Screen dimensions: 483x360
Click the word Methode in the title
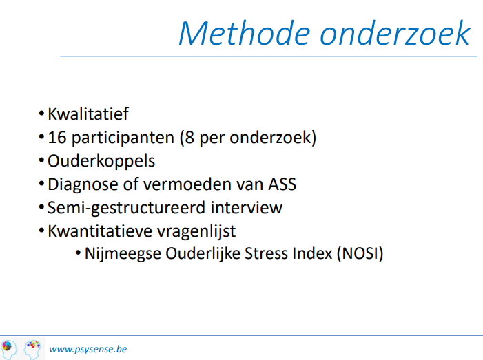point(245,33)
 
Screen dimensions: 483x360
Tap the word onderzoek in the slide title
point(395,33)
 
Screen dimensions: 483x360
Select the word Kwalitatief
point(88,114)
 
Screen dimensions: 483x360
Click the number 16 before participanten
point(57,137)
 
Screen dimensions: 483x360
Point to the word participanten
point(123,138)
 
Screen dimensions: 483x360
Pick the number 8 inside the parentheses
point(189,137)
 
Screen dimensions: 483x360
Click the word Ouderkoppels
point(101,161)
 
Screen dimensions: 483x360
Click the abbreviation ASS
point(282,184)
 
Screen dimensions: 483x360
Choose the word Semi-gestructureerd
point(126,209)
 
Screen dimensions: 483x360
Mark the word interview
point(247,208)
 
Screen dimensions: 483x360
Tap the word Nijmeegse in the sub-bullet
point(123,254)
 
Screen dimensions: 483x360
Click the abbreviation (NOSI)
point(360,254)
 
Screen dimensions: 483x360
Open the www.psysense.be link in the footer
point(88,350)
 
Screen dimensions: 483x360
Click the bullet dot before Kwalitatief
point(41,114)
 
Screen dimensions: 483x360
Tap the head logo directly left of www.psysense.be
point(32,349)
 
